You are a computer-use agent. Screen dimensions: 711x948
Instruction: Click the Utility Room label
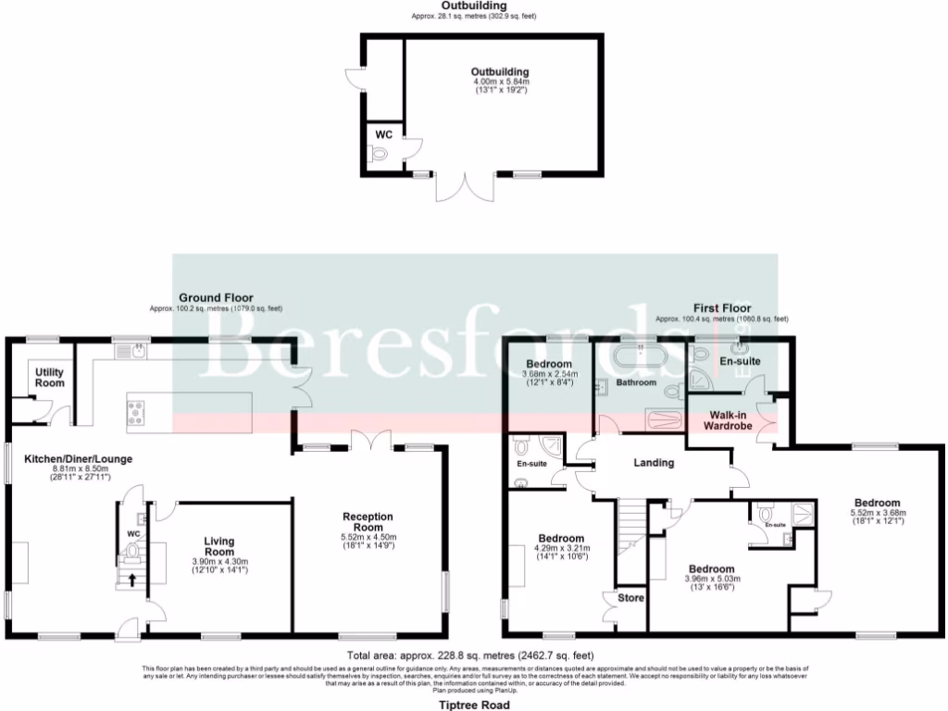[x=50, y=377]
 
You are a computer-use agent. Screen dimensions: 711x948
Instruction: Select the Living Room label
[x=219, y=546]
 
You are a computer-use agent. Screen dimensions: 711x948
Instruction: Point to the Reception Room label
[x=368, y=522]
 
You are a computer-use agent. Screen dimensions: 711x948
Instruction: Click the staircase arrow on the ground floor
[x=131, y=580]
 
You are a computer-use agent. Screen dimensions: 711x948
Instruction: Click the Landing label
[x=653, y=463]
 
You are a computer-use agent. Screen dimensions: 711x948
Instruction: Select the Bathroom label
[x=636, y=382]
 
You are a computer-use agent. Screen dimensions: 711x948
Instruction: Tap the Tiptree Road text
[x=473, y=704]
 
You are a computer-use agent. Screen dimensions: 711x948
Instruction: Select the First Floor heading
[x=722, y=307]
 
